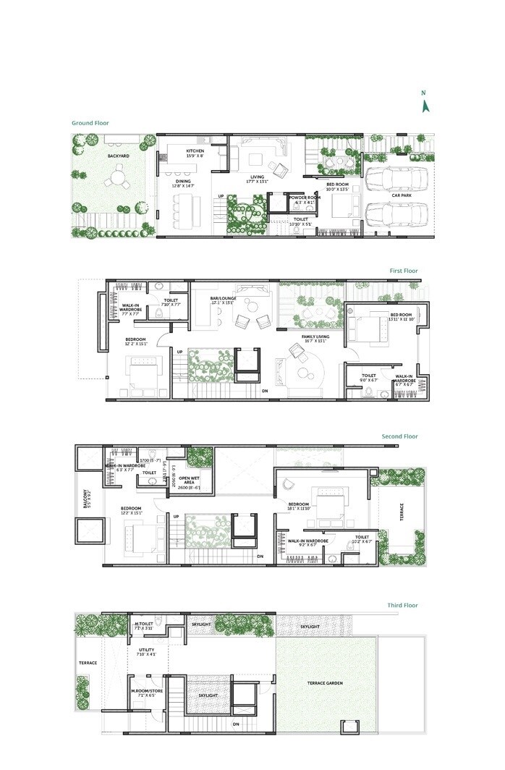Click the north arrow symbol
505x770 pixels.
[426, 105]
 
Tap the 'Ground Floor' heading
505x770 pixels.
[90, 123]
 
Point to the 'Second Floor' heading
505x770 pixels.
[400, 436]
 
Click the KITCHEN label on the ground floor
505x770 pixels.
[195, 151]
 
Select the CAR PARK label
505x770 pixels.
[402, 195]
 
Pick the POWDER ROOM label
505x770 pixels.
[305, 197]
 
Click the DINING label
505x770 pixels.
[181, 182]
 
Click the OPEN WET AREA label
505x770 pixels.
[190, 481]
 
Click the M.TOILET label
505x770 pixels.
[143, 623]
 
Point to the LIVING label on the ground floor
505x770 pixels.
[258, 177]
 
